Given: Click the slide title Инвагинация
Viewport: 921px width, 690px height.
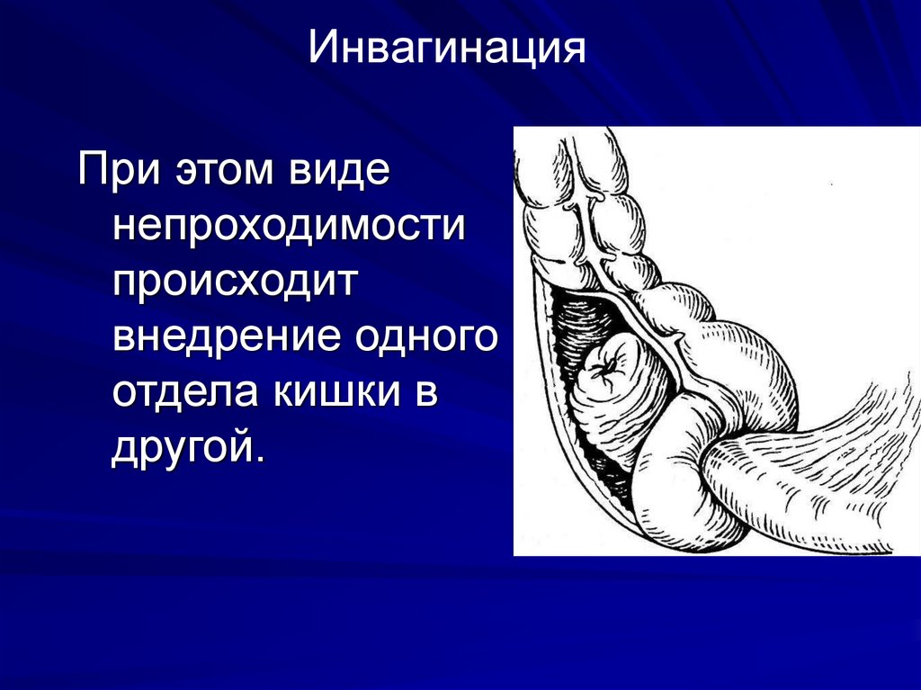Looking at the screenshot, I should (446, 49).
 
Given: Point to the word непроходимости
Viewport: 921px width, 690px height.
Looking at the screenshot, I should (289, 227).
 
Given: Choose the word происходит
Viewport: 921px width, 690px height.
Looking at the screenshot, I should (237, 282).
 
